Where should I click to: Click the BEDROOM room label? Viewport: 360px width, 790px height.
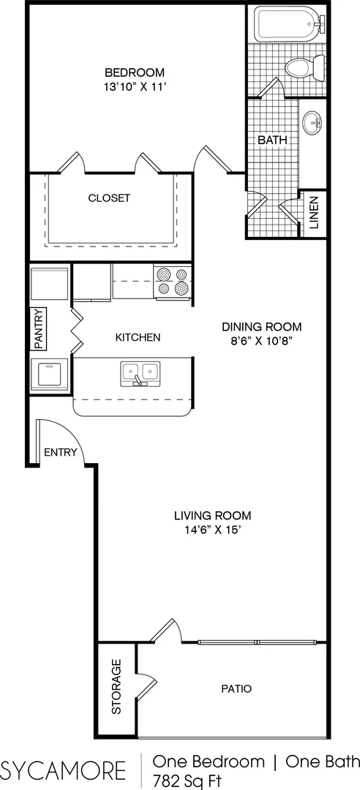tap(135, 72)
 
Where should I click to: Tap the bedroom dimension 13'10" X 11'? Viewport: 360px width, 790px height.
tap(135, 86)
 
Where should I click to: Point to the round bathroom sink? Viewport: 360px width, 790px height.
tap(312, 123)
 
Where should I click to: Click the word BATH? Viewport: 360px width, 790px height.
tap(272, 140)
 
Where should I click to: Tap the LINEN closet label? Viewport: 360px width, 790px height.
tap(314, 213)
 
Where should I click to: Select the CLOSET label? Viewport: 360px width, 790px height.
tap(110, 198)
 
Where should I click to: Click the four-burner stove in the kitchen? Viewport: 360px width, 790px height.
tap(173, 281)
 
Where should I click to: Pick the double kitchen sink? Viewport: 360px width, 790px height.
tap(140, 374)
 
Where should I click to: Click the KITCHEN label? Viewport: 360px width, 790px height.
tap(138, 337)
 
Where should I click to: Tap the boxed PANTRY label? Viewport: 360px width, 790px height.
tap(39, 328)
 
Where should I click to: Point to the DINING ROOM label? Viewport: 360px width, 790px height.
tap(262, 326)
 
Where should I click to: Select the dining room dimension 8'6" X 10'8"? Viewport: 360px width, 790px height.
tap(262, 340)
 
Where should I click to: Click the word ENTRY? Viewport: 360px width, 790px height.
tap(61, 452)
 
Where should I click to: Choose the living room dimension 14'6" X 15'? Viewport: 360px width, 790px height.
tap(212, 530)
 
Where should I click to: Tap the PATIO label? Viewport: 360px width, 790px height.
tap(236, 689)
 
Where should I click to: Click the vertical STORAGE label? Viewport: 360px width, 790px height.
tap(116, 687)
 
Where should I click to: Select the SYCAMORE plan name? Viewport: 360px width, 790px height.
tap(64, 770)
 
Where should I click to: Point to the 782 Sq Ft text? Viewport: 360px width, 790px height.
tap(187, 781)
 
